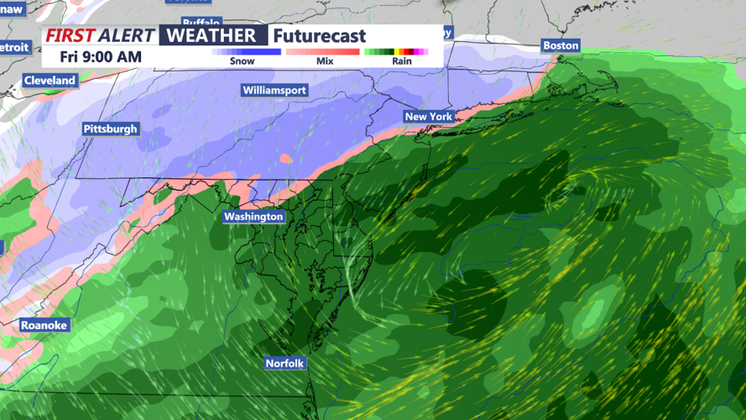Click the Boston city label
561,45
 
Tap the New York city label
428,117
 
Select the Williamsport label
274,90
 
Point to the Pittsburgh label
110,129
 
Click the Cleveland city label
50,81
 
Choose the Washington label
253,217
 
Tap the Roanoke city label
44,325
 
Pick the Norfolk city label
284,364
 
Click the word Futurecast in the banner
320,36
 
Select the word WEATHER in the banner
211,35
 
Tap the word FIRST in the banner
70,35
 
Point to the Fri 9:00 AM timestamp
101,57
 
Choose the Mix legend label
324,61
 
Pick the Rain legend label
401,61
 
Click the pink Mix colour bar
324,52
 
